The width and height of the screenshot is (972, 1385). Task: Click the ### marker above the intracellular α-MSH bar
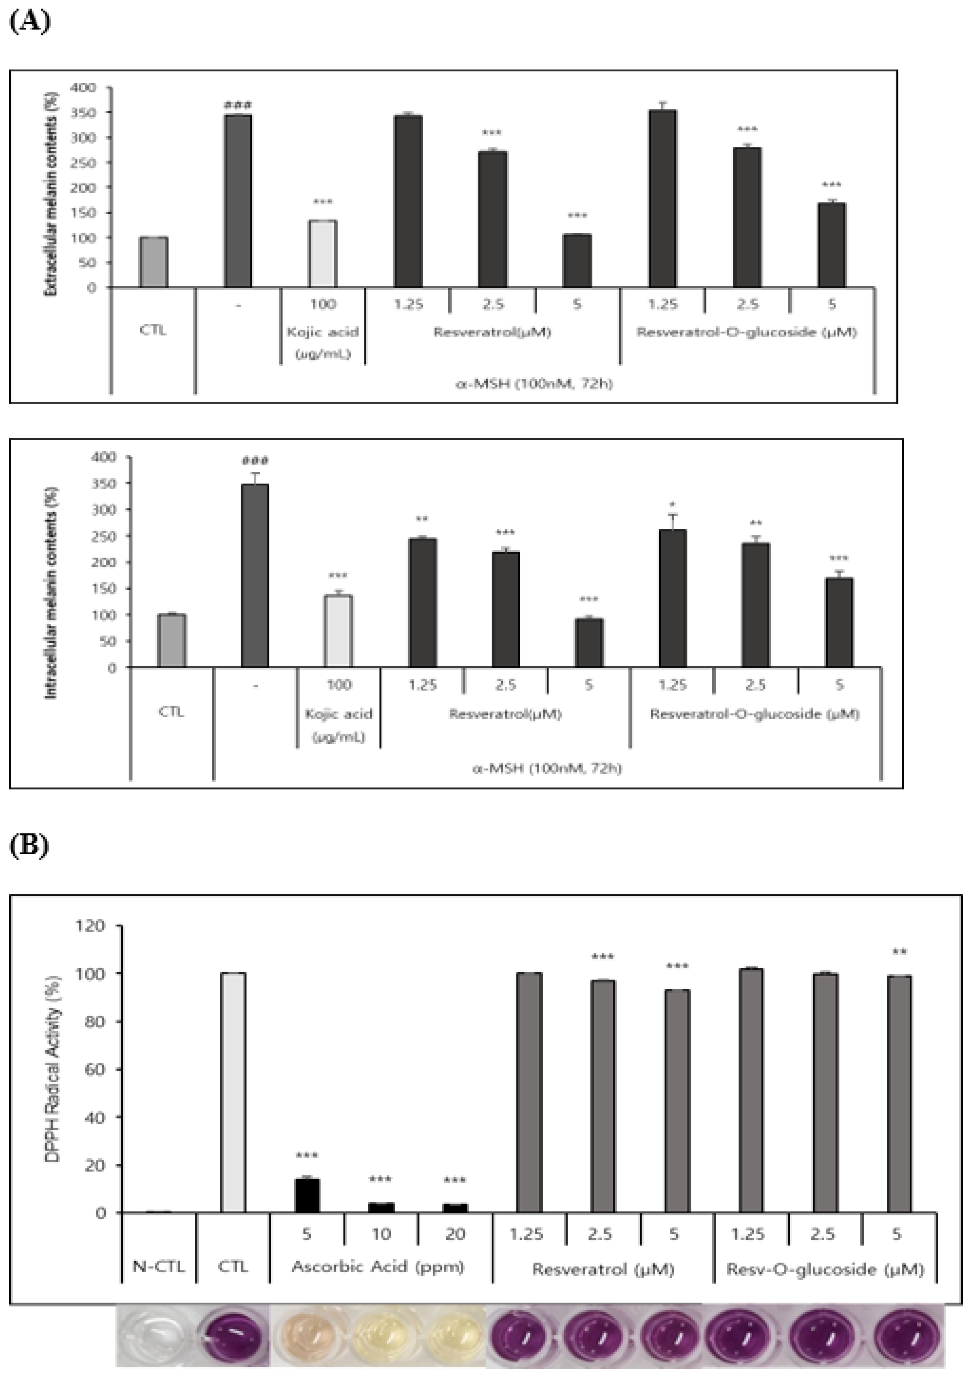point(255,461)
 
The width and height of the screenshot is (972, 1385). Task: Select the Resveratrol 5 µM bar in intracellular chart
point(588,643)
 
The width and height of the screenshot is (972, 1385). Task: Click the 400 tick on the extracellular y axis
point(84,88)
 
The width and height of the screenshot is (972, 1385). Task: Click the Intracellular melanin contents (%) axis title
point(52,592)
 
